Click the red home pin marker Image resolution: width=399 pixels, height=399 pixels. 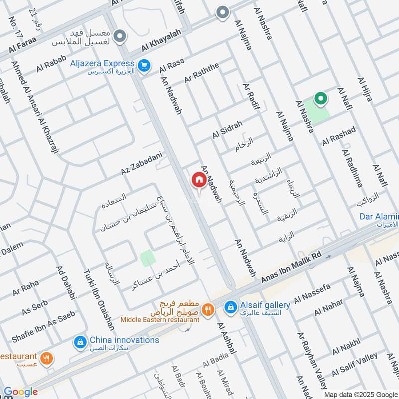coord(199,180)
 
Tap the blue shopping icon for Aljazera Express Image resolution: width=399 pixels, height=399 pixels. coord(144,66)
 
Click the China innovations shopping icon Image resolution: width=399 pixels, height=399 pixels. coord(79,342)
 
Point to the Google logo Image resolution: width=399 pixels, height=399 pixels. coord(20,392)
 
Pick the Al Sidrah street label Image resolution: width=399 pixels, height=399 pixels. coord(227,129)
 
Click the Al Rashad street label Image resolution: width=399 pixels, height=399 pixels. coord(339,136)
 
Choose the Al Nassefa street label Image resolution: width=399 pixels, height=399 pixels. coord(312,294)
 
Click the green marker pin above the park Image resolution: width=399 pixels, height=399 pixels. coord(319,99)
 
